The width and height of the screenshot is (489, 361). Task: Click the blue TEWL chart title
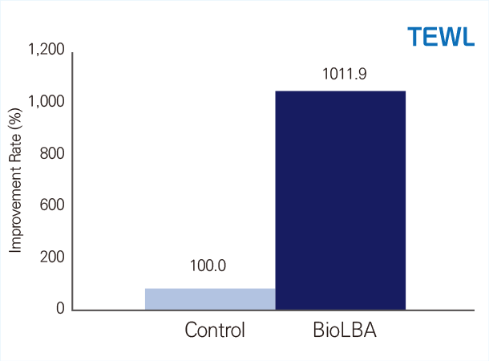[441, 37]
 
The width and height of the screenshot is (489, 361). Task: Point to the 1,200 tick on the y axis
[46, 49]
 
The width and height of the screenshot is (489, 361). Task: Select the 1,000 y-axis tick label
[46, 101]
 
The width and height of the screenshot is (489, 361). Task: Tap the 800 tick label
[52, 153]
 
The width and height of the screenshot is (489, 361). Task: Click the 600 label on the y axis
[52, 205]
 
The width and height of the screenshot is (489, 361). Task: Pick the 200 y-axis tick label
[52, 257]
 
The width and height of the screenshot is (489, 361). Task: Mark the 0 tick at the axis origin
[60, 308]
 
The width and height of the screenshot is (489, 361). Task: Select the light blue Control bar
[210, 299]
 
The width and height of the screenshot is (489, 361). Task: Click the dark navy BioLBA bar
[341, 201]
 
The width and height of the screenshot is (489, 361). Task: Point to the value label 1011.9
[344, 75]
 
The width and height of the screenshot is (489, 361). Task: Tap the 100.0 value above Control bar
[208, 266]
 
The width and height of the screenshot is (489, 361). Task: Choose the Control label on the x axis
[215, 330]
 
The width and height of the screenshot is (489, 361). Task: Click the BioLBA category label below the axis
[345, 330]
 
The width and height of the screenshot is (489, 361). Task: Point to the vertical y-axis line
[72, 181]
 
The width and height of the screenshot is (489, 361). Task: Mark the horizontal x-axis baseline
[273, 310]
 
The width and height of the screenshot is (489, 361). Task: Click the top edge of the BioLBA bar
[341, 91]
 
